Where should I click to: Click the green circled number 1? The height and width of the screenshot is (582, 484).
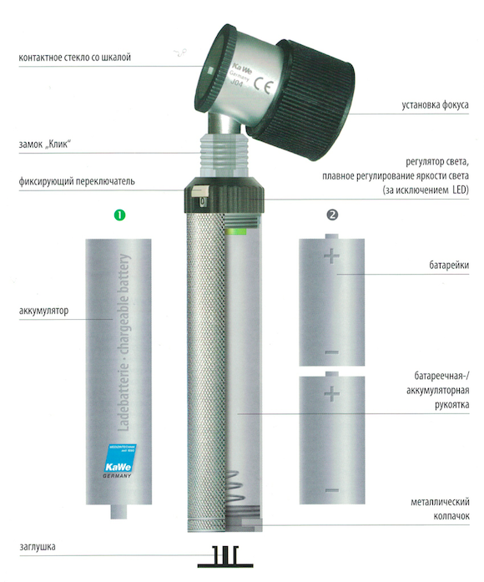[120, 215]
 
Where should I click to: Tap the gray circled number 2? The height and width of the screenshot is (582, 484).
[332, 215]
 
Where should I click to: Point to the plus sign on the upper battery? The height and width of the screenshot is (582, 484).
[331, 256]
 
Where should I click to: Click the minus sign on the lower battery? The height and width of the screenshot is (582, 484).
[331, 491]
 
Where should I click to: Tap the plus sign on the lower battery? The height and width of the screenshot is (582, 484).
[331, 393]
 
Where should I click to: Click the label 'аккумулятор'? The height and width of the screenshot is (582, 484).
[43, 311]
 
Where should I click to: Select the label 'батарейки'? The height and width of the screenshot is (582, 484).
[449, 266]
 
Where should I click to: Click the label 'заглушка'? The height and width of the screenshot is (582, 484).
[38, 547]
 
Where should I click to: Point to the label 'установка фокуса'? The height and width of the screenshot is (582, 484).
[435, 105]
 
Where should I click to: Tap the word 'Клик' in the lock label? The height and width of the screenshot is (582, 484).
[58, 144]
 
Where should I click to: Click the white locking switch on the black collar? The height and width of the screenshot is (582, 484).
[199, 192]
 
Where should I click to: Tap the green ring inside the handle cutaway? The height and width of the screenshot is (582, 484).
[235, 232]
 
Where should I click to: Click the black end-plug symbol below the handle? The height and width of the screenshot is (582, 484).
[225, 557]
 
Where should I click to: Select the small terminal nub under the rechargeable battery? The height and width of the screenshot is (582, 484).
[118, 512]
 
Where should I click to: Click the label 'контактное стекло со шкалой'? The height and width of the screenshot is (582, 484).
[74, 58]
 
